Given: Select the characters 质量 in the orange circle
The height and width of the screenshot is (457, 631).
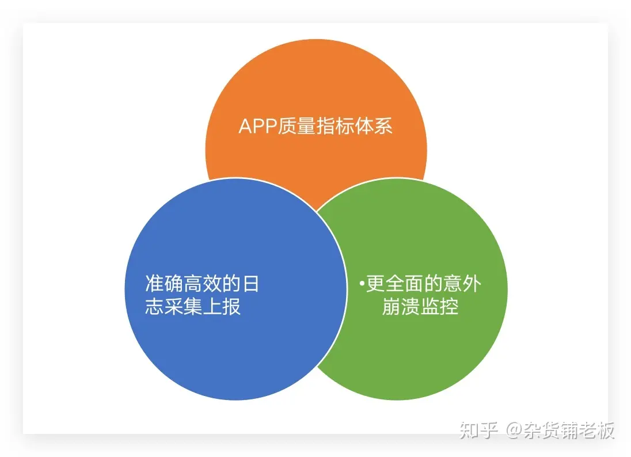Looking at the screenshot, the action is [x=296, y=126].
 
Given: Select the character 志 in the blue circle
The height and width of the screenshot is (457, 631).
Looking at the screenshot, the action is [x=154, y=307].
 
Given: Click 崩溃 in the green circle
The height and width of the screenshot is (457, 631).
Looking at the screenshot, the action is [x=401, y=307].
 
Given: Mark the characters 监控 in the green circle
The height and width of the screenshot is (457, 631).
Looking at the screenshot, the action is [x=439, y=307].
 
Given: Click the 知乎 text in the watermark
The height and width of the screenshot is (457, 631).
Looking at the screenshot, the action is [x=479, y=431].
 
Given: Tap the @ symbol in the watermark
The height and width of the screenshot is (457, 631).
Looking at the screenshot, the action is [x=514, y=431].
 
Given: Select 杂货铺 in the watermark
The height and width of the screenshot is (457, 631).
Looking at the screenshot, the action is [x=549, y=431].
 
